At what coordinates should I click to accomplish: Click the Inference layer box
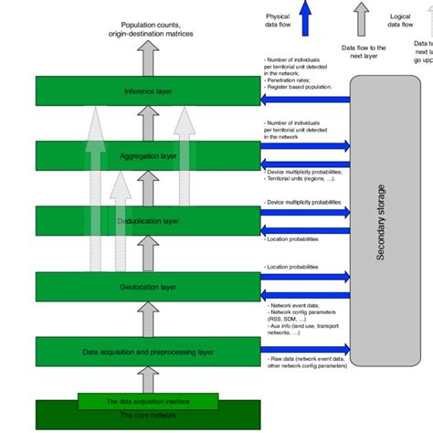(x=146, y=90)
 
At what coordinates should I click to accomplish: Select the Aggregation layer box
(x=146, y=156)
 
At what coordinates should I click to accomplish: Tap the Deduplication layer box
(x=146, y=221)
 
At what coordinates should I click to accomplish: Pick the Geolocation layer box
(x=146, y=286)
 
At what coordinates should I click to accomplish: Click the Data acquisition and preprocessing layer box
(x=146, y=352)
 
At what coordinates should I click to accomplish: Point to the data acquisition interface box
(x=146, y=401)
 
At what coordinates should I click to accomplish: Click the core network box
(x=146, y=417)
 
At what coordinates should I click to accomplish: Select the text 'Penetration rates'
(x=291, y=80)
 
